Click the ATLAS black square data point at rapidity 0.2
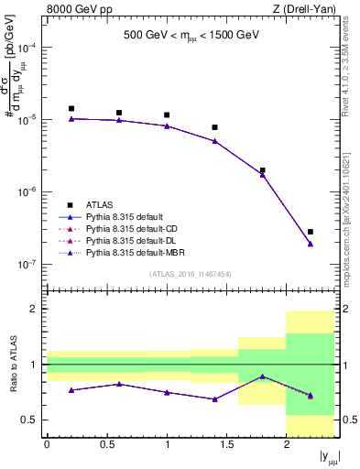pos(71,108)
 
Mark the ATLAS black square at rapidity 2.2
pos(311,232)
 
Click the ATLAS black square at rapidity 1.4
pos(214,127)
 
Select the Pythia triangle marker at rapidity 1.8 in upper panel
pos(262,174)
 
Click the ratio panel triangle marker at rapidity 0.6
pos(118,384)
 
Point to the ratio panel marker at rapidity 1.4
pos(214,399)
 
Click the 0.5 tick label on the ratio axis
pos(30,420)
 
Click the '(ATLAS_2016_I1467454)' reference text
pos(190,274)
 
